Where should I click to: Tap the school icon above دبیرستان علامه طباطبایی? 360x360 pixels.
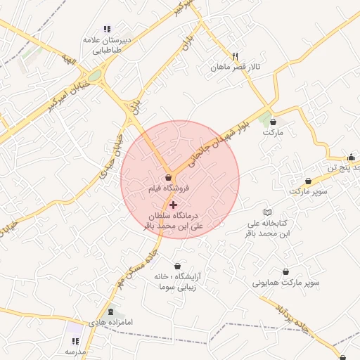point(107,29)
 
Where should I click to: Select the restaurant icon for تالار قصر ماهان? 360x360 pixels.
point(236,56)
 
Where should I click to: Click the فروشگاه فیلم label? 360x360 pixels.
point(168,189)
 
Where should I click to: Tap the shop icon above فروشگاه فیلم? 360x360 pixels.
point(168,178)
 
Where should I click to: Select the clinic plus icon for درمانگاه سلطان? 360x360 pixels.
point(174,205)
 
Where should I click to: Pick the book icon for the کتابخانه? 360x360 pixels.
point(266,212)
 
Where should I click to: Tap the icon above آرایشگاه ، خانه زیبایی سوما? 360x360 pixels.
point(176,266)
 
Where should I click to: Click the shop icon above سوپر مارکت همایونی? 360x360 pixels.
point(285,271)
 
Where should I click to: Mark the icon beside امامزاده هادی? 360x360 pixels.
point(110,311)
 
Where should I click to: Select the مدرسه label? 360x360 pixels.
point(75,350)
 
